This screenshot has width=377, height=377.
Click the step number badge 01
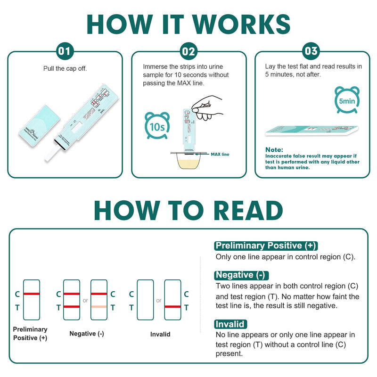(x=65, y=51)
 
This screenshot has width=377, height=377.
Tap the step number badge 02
(x=188, y=51)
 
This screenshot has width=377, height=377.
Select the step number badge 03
(x=311, y=51)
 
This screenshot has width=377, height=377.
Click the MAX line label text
(x=220, y=154)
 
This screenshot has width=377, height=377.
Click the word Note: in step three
(x=274, y=149)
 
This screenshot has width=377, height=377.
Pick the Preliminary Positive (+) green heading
(x=266, y=246)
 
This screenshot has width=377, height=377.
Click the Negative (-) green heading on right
(x=241, y=275)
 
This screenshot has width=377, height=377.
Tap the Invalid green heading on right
(x=230, y=324)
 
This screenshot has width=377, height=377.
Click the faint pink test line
(x=99, y=307)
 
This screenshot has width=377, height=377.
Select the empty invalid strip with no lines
(x=145, y=300)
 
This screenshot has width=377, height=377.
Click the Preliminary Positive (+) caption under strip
(x=30, y=334)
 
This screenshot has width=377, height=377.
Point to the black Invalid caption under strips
(x=160, y=334)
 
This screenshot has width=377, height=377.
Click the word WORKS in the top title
(x=238, y=24)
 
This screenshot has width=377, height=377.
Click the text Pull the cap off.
(x=65, y=68)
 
